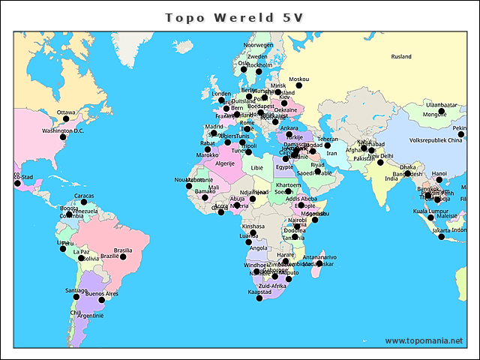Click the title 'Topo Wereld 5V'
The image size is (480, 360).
pyautogui.click(x=233, y=17)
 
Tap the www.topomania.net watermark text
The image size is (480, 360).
pyautogui.click(x=424, y=340)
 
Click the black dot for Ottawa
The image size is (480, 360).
pyautogui.click(x=66, y=118)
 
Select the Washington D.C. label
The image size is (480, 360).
pyautogui.click(x=62, y=131)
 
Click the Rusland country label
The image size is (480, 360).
pyautogui.click(x=401, y=56)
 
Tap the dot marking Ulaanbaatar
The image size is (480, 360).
pyautogui.click(x=442, y=111)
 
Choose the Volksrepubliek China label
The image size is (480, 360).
pyautogui.click(x=436, y=139)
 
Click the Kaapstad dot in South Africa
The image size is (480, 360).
pyautogui.click(x=259, y=298)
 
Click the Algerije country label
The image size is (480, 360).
pyautogui.click(x=225, y=163)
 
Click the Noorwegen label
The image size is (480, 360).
pyautogui.click(x=259, y=45)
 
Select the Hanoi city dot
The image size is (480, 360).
pyautogui.click(x=439, y=180)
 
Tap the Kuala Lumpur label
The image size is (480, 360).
pyautogui.click(x=430, y=211)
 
